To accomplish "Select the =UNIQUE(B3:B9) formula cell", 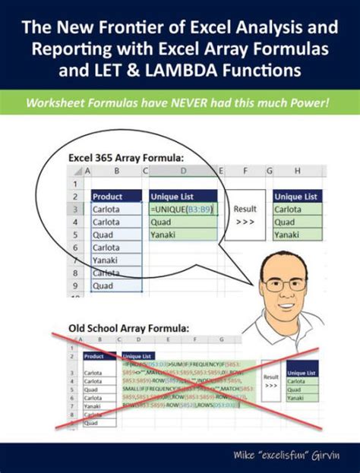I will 183,208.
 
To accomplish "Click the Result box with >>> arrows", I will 246,214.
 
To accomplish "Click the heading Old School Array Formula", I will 118,327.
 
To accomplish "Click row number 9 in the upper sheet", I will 77,286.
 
